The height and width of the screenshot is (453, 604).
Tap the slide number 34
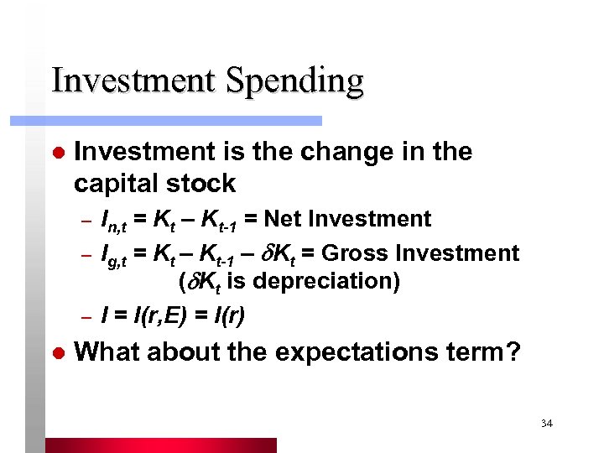tap(546, 424)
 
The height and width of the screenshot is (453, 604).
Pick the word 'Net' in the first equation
tap(284, 219)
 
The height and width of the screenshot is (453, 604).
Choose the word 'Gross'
tap(353, 253)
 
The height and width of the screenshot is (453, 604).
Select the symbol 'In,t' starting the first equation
tap(112, 221)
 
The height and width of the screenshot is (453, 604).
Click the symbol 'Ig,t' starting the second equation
tap(112, 254)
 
